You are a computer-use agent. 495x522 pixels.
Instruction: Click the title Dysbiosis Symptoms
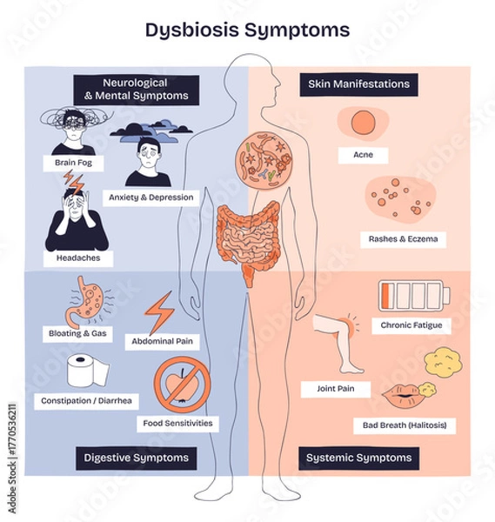247,30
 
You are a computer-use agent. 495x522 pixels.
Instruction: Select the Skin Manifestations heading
358,84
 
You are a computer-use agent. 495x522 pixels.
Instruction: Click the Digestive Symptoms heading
136,457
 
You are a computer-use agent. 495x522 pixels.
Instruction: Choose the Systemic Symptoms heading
358,457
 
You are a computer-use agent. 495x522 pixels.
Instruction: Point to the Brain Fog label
73,163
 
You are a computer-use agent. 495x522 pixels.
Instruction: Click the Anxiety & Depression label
151,197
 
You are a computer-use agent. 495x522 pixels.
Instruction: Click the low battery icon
414,294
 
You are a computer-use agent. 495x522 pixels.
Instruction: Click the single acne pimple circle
363,124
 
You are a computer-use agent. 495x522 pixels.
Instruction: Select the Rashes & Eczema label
403,239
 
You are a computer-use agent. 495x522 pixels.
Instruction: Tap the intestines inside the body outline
250,239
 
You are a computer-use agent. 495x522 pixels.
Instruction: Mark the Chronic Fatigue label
411,325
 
